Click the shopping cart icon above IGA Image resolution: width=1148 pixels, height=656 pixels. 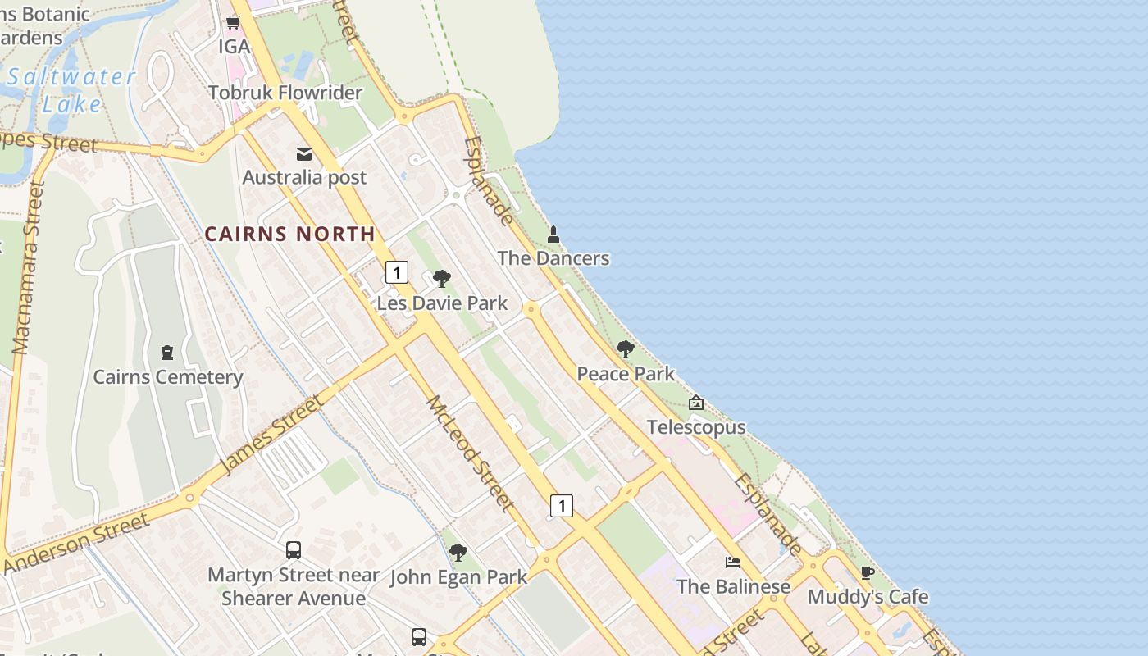point(234,22)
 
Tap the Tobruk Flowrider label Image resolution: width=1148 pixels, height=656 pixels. point(285,93)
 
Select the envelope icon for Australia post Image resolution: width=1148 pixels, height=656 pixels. point(304,153)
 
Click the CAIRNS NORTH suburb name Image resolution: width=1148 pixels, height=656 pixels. point(289,234)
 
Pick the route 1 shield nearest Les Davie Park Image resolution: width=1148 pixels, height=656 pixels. point(397,272)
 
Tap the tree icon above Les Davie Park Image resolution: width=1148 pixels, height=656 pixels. point(442,279)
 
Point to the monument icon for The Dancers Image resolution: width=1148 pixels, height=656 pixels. point(553,235)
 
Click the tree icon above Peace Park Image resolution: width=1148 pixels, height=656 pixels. point(626,349)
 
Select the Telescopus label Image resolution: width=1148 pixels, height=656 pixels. point(696,427)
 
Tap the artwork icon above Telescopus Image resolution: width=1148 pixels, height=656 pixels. point(696,403)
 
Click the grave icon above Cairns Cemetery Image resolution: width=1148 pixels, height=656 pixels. point(168,353)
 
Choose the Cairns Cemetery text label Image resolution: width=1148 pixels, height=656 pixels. point(168,377)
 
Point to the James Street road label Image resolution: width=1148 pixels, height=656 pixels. point(271,435)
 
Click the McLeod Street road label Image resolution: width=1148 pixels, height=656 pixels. point(471,453)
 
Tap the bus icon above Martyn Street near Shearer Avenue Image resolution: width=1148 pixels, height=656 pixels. point(294,550)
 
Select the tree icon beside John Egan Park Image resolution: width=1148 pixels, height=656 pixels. point(458,553)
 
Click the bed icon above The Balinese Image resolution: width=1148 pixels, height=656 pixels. point(733,563)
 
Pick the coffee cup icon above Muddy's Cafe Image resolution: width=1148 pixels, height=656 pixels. point(868,572)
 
